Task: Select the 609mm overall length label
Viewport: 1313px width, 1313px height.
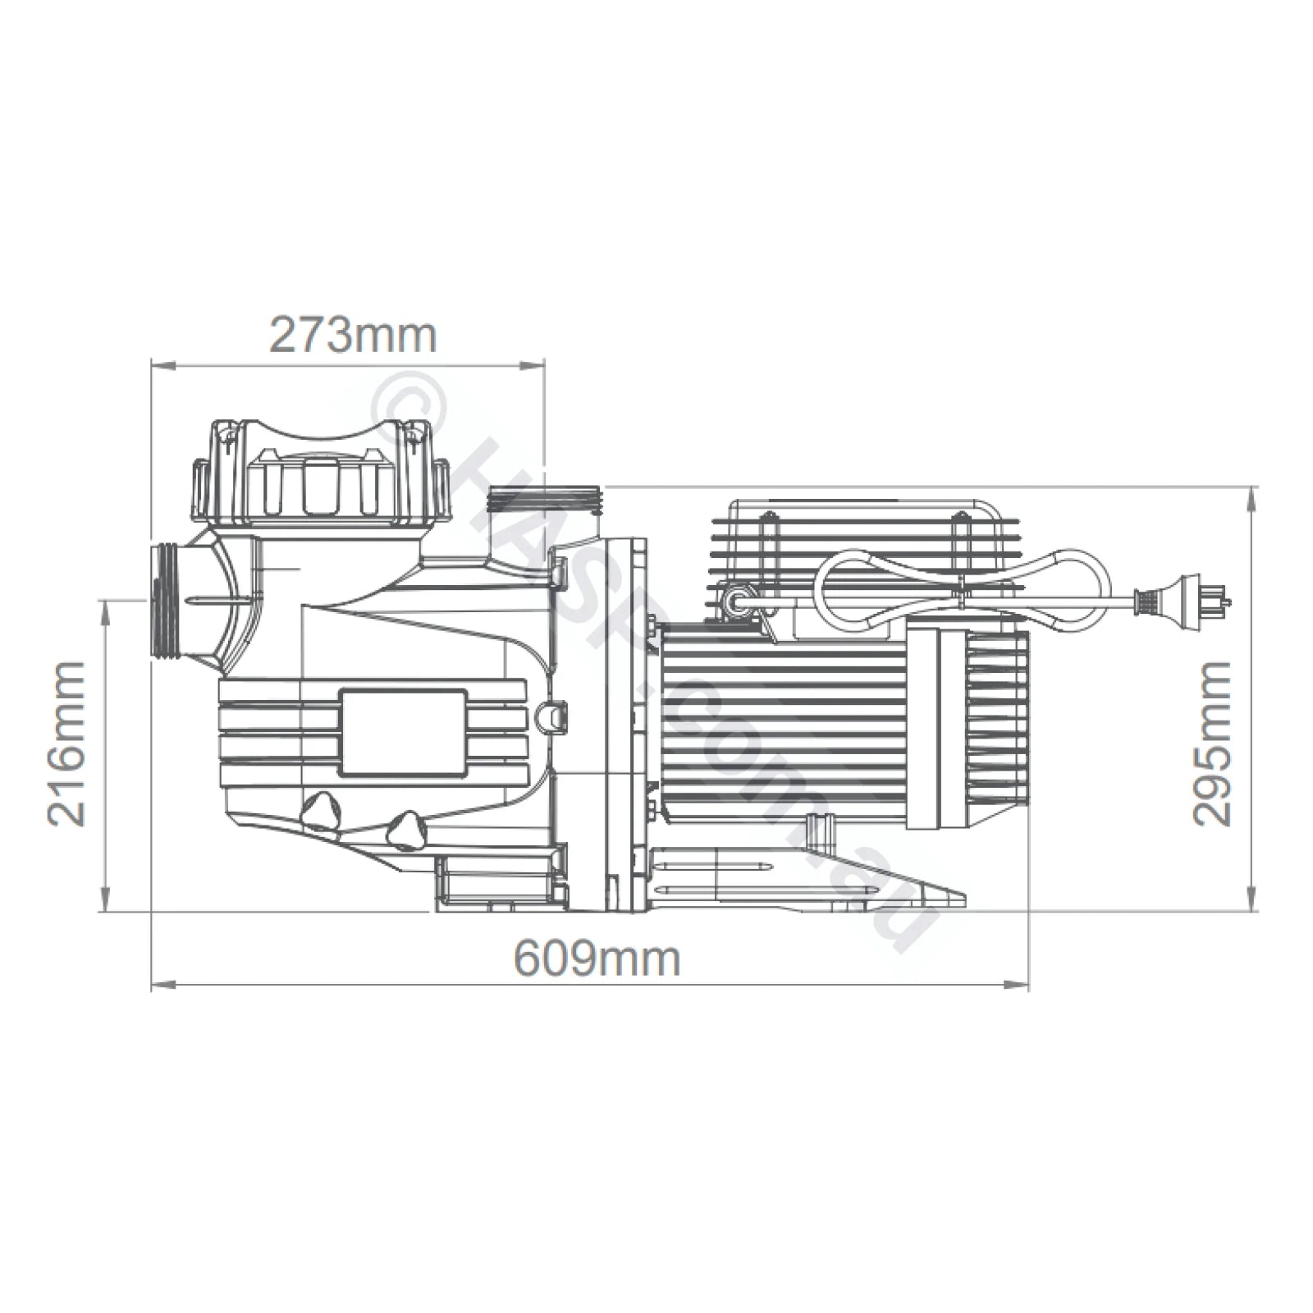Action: tap(597, 958)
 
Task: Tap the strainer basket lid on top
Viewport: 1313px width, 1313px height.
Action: tap(320, 476)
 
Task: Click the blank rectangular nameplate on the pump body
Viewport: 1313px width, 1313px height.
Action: tap(402, 733)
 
